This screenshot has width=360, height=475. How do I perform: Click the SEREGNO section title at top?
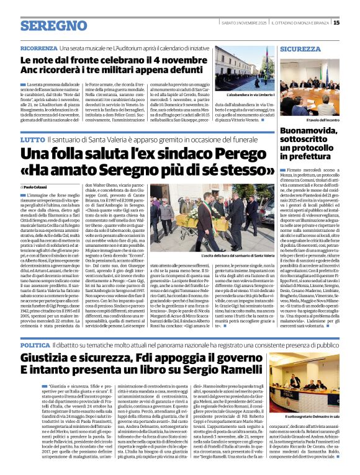pyautogui.click(x=54, y=26)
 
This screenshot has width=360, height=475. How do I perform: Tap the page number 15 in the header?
pyautogui.click(x=353, y=23)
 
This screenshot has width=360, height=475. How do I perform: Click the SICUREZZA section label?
pyautogui.click(x=300, y=48)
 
